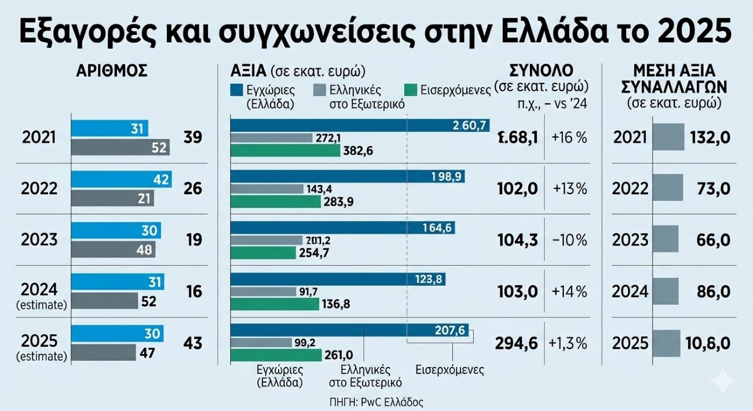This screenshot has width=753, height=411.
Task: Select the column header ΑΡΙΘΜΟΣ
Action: pos(112,71)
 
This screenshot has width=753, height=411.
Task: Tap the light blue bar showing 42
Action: pos(121,180)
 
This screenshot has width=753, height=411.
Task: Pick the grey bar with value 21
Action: pos(112,199)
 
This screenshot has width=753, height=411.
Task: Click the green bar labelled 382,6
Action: pos(285,151)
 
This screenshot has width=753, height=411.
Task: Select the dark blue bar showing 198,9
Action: pos(348,176)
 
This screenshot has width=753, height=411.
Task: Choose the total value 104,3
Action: pos(517,240)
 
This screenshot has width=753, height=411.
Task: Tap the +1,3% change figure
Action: pos(568,342)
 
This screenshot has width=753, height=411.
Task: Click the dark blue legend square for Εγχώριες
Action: pos(236,90)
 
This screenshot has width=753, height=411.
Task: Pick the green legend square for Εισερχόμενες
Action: pos(411,90)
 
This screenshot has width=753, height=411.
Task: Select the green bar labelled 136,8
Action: pos(275,303)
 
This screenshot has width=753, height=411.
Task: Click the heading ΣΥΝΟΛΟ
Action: pos(541,71)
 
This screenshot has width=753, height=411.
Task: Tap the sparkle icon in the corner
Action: pos(724,381)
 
